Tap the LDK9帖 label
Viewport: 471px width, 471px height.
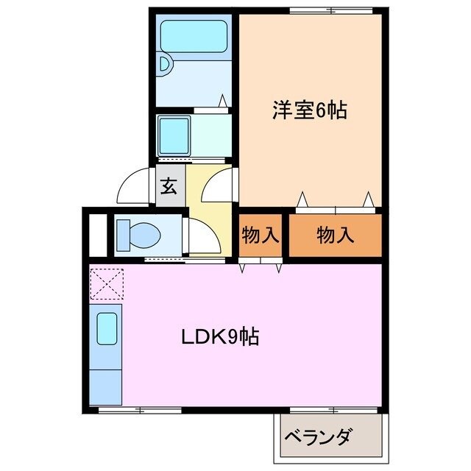220,338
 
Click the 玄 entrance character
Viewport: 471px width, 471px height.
169,185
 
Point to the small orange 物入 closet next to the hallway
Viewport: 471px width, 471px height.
260,236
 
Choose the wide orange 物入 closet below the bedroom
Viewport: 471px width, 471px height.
335,235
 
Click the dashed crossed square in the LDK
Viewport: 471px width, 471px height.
107,284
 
